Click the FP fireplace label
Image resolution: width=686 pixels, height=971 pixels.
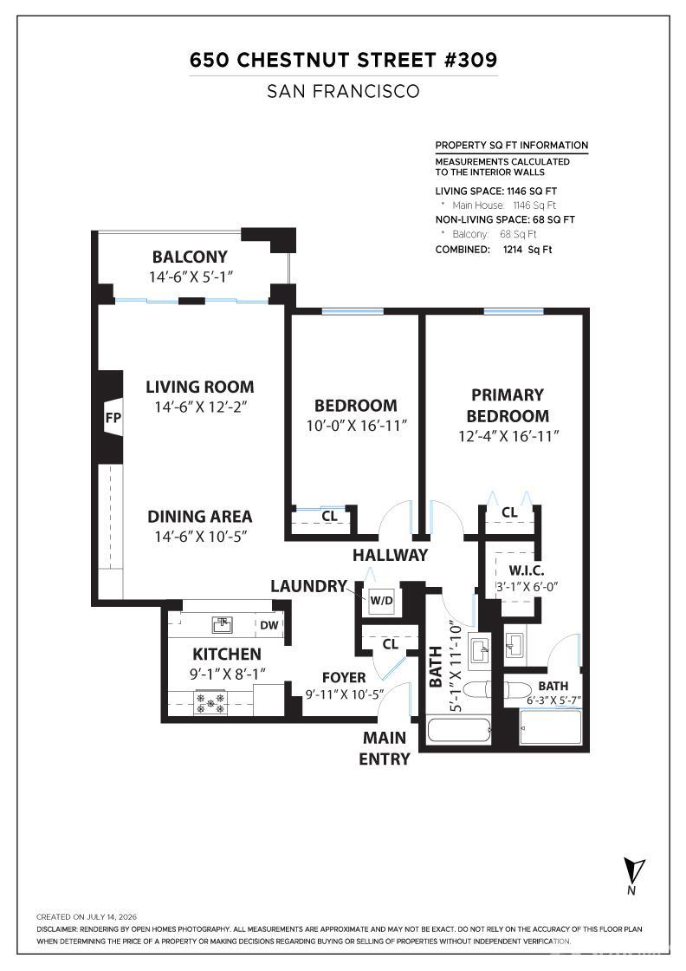click(113, 418)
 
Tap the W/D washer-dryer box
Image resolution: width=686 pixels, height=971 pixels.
click(381, 600)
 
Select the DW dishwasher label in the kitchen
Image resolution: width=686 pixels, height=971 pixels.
click(269, 625)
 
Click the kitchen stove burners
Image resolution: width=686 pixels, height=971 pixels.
click(210, 703)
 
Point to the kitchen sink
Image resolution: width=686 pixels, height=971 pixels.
click(222, 625)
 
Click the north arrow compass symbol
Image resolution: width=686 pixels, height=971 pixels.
click(633, 875)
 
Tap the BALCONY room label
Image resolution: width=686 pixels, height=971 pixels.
click(190, 257)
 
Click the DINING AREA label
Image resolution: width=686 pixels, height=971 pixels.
click(200, 517)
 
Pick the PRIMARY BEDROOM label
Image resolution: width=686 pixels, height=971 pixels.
click(508, 405)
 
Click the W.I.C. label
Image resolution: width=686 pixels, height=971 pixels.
click(527, 570)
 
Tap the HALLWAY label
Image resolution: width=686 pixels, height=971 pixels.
click(391, 555)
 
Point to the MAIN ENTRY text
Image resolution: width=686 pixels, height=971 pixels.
click(385, 748)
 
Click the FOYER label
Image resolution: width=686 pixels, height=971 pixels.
click(344, 677)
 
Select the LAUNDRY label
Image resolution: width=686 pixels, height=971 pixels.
click(308, 586)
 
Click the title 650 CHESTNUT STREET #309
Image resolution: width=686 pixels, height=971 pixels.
click(343, 60)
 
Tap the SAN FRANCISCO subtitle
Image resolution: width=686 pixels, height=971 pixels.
click(343, 92)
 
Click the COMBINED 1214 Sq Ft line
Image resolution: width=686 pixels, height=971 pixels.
click(494, 250)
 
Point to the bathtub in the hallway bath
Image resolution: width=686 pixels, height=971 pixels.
click(458, 732)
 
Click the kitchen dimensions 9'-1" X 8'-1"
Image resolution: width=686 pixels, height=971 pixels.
click(227, 674)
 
